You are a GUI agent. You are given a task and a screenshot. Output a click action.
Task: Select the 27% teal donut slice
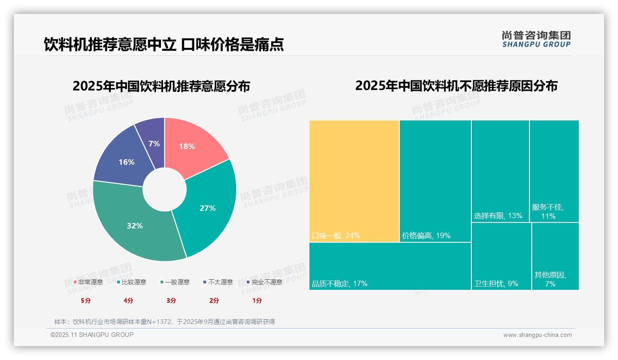coord(210,208)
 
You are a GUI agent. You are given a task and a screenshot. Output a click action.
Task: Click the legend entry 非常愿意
coord(88,282)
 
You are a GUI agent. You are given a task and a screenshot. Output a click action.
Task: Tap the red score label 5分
coord(86,300)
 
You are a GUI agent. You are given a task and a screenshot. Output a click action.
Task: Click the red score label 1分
coord(257,300)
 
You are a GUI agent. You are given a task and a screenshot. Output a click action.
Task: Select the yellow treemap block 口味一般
coord(354,180)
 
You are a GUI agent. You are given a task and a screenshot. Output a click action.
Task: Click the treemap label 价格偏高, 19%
coord(426,236)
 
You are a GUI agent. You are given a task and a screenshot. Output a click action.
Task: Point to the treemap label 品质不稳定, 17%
coord(339,284)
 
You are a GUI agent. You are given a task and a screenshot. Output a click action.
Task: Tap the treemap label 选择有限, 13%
coord(498,216)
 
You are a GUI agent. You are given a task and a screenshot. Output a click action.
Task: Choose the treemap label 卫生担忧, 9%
coord(496,284)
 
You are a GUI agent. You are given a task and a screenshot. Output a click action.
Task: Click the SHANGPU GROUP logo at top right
coord(536,39)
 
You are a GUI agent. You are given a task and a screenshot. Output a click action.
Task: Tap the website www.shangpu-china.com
coord(537,335)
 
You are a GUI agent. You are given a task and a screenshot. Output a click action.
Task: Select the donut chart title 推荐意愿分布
coord(161,86)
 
